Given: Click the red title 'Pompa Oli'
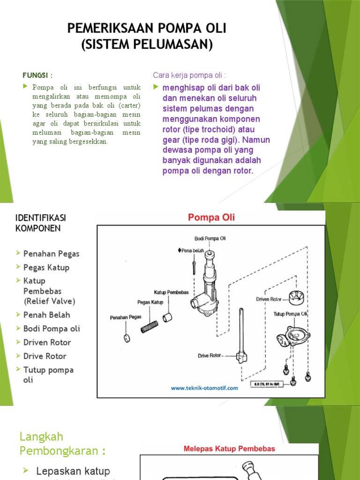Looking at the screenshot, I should point(211,217).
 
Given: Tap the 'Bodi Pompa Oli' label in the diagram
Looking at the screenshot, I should point(210,239).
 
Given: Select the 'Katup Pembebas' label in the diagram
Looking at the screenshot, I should point(171,292).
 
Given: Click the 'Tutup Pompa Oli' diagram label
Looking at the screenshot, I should point(290,314).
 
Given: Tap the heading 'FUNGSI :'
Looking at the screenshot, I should point(38,75).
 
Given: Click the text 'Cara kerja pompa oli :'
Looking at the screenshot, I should point(189,75).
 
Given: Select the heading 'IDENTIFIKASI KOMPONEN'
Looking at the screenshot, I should point(40,223).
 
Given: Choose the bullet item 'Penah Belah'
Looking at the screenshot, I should point(46,315).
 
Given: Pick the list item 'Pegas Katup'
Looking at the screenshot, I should point(46,268).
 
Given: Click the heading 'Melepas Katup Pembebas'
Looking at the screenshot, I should point(229,449).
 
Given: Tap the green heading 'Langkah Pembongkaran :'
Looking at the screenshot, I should point(62,444).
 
